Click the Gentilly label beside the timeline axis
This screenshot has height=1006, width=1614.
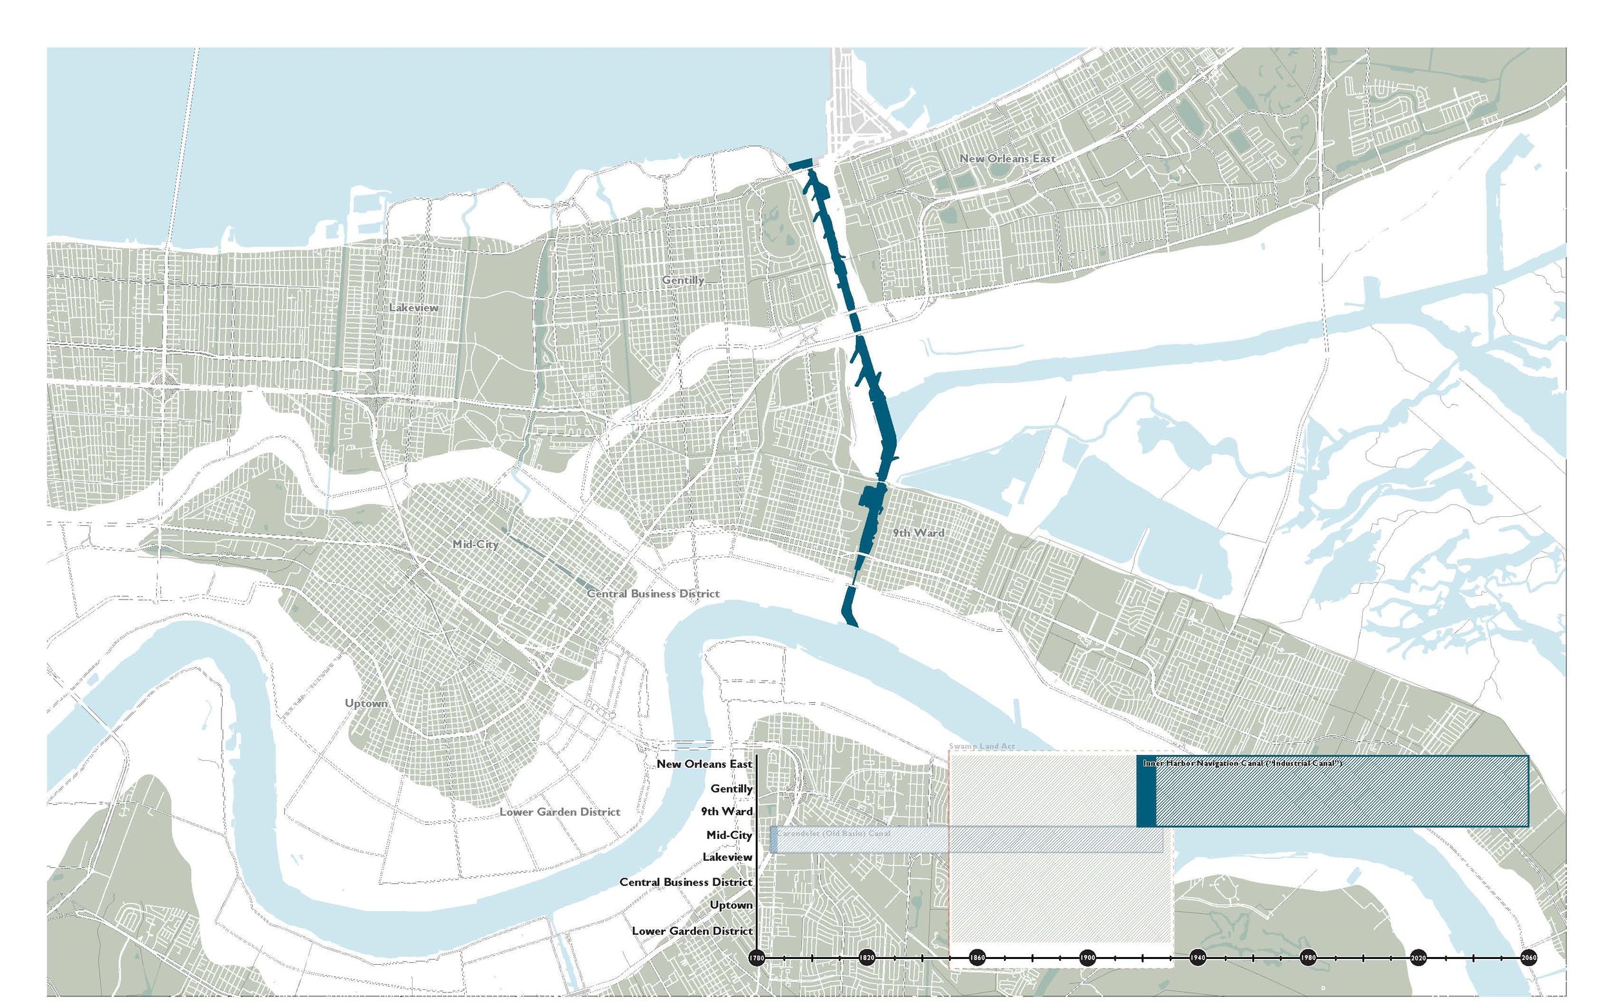click(731, 789)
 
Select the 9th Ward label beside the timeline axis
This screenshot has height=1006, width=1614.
click(727, 812)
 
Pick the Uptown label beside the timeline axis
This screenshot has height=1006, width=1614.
click(731, 905)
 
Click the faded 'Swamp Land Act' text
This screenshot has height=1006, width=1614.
click(982, 747)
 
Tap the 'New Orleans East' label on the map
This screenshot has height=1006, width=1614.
click(1007, 158)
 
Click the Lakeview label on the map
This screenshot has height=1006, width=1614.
click(414, 308)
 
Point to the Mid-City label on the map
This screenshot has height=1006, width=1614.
click(475, 544)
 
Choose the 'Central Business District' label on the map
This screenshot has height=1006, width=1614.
click(653, 594)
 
